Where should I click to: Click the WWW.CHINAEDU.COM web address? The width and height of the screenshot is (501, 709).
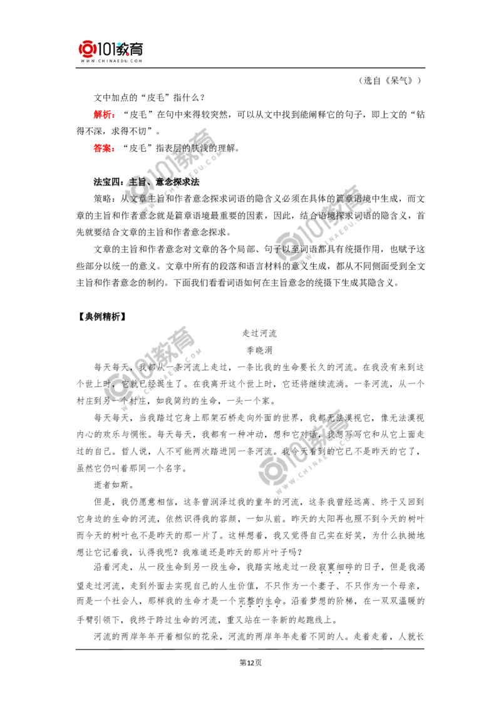(113, 61)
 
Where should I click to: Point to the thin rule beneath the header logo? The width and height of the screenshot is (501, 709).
(113, 69)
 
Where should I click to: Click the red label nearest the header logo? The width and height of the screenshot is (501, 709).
(103, 115)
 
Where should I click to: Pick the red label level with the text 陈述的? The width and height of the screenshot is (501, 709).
(103, 148)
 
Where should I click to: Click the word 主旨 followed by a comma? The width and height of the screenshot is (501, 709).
(137, 182)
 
